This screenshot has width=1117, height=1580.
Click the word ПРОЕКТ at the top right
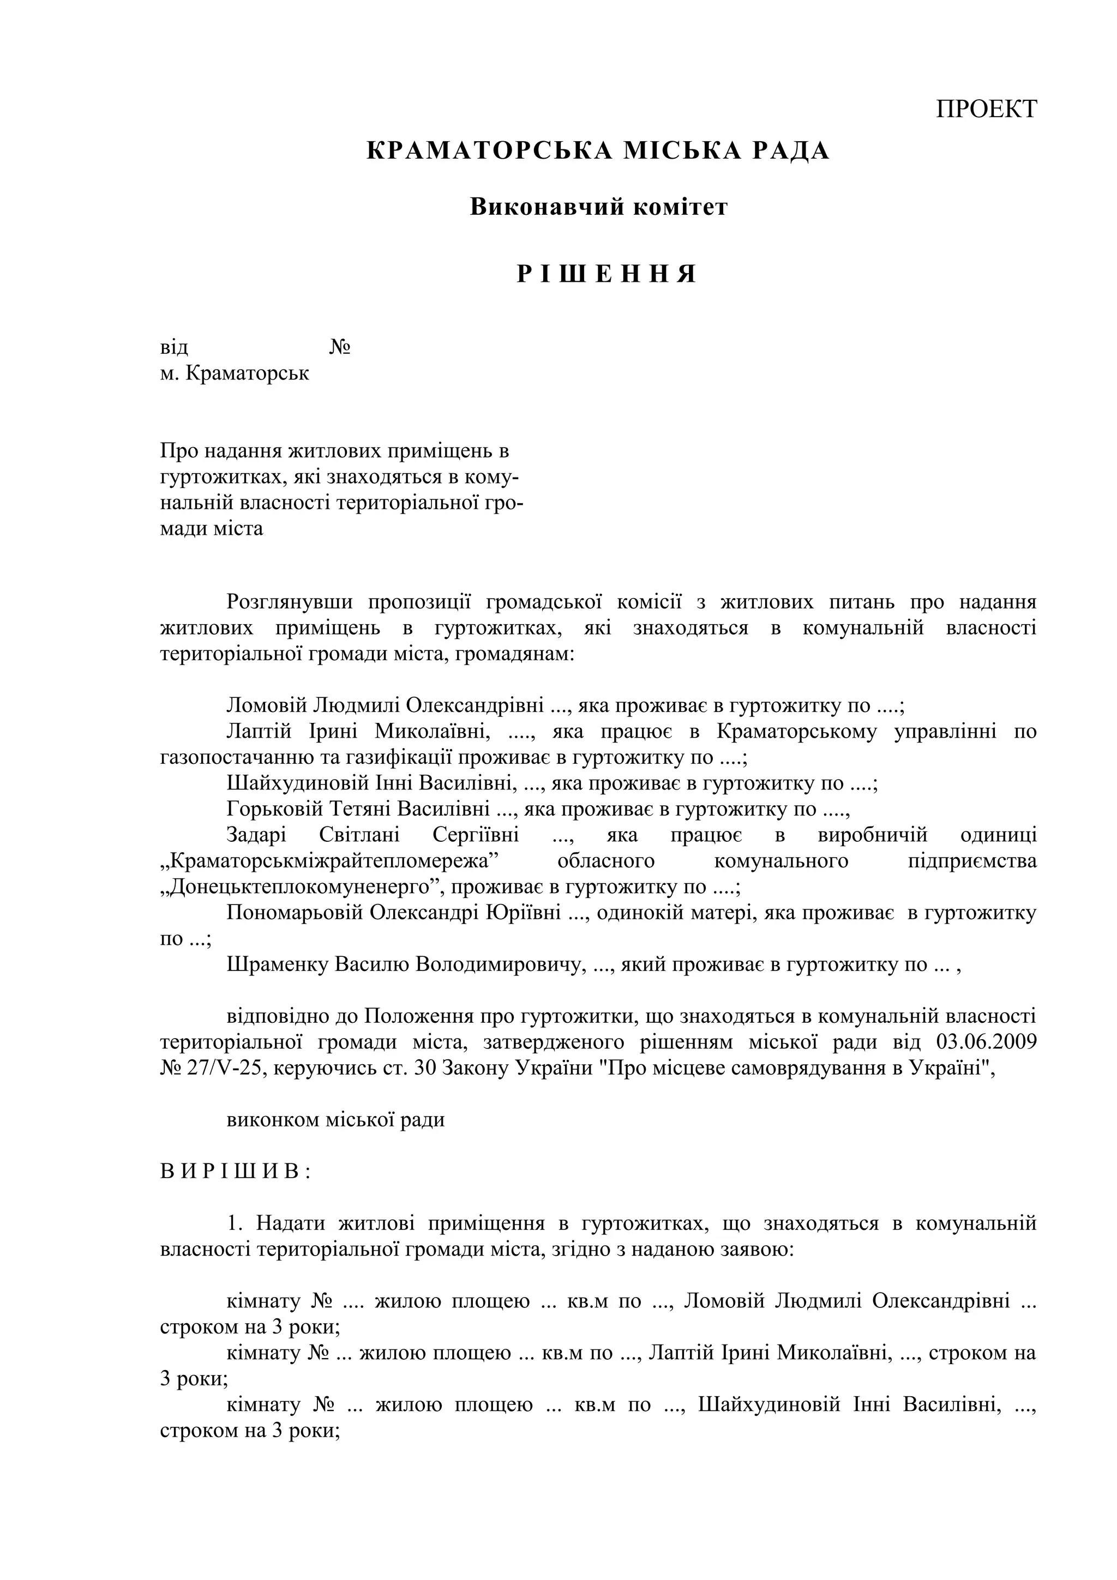(x=986, y=108)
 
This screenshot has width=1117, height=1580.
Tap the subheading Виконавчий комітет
(x=598, y=207)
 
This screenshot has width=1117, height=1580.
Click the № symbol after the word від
(x=340, y=347)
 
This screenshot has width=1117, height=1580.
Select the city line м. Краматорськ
(x=235, y=373)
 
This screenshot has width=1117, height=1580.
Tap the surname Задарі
(x=256, y=835)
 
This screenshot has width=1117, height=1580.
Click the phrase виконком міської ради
(x=335, y=1120)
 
